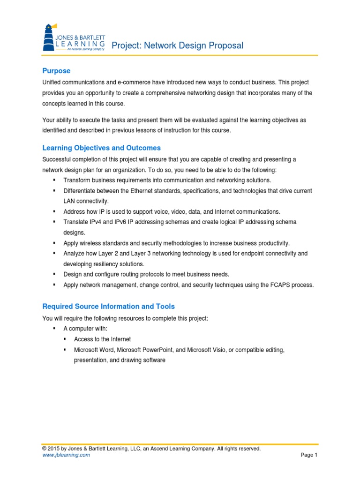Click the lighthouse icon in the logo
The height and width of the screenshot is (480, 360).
coord(50,37)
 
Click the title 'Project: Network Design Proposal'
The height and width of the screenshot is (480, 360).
coord(177,45)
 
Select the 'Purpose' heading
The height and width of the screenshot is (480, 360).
coord(56,71)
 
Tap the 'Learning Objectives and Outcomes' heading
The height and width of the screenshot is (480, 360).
coord(101,148)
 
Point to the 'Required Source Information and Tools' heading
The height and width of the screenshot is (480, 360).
coord(108,307)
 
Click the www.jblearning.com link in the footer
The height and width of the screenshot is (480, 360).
coord(66,455)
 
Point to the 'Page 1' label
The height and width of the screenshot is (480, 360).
coord(309,455)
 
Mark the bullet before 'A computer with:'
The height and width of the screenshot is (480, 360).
coord(54,329)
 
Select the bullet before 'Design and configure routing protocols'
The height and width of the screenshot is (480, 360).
coord(54,274)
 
